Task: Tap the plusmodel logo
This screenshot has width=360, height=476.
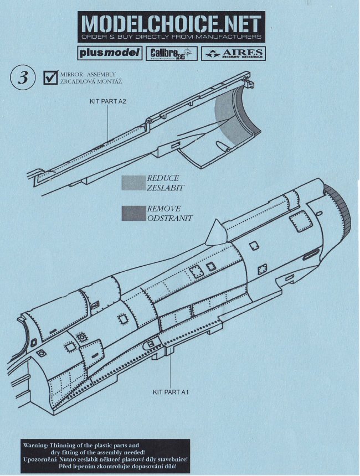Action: click(106, 53)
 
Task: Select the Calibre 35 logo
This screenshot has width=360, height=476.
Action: click(172, 53)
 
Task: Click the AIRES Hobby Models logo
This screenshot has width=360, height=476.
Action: click(233, 53)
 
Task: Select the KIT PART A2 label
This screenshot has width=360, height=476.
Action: click(109, 102)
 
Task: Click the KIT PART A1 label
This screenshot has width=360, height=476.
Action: click(171, 392)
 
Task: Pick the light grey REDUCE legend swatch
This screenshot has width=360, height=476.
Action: click(133, 183)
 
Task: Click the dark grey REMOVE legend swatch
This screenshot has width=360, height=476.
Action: click(133, 213)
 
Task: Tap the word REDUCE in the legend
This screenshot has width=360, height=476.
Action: click(163, 178)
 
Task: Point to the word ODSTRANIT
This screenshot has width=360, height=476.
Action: click(169, 218)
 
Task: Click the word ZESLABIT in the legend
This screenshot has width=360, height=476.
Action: click(165, 188)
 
